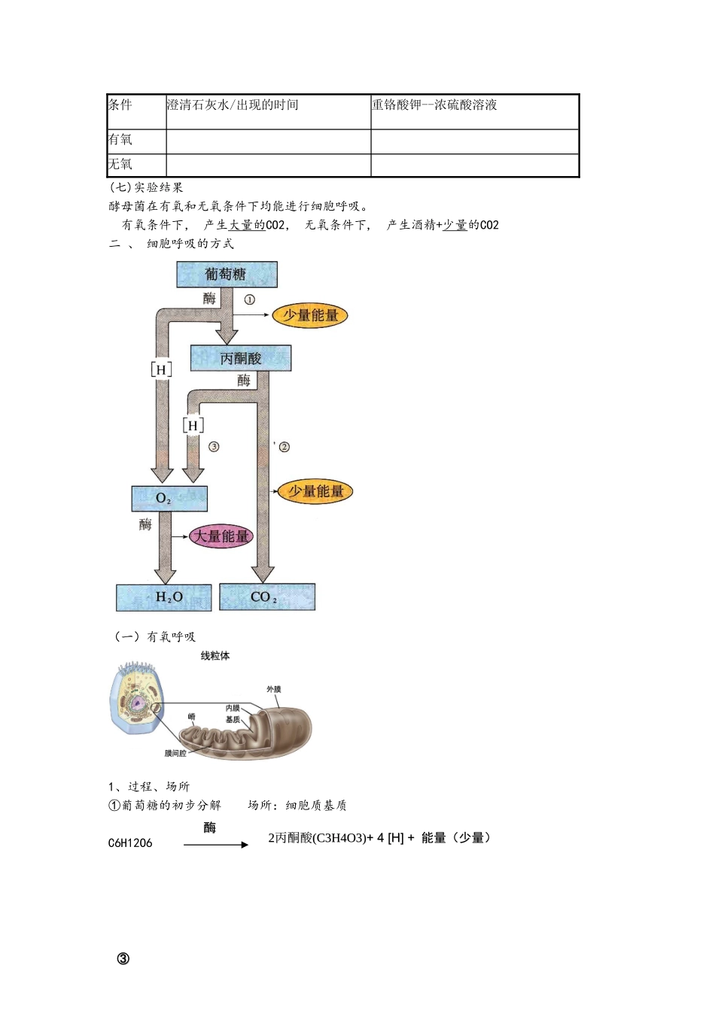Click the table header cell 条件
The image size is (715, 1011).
pyautogui.click(x=120, y=105)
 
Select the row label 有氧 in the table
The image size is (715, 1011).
pyautogui.click(x=120, y=140)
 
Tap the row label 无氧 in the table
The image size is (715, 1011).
pyautogui.click(x=120, y=165)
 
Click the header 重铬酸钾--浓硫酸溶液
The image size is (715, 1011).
pyautogui.click(x=434, y=105)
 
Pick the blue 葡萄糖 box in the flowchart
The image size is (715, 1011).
pyautogui.click(x=227, y=275)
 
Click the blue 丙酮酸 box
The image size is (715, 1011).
pyautogui.click(x=241, y=359)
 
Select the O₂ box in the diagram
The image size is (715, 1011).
pyautogui.click(x=169, y=498)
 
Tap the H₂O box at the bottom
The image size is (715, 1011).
pyautogui.click(x=164, y=597)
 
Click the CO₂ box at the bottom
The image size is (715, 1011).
pyautogui.click(x=266, y=597)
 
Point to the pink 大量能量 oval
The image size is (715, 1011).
pyautogui.click(x=221, y=536)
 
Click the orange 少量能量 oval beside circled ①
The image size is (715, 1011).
pyautogui.click(x=310, y=316)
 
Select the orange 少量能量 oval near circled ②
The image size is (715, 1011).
pyautogui.click(x=315, y=492)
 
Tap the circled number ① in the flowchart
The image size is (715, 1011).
pyautogui.click(x=249, y=299)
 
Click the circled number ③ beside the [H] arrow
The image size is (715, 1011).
pyautogui.click(x=214, y=447)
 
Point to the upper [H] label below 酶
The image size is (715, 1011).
pyautogui.click(x=161, y=369)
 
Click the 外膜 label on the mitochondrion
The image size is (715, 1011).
pyautogui.click(x=274, y=689)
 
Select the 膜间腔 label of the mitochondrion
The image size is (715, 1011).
pyautogui.click(x=175, y=753)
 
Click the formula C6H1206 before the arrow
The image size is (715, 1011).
pyautogui.click(x=130, y=843)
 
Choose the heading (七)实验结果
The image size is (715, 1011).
pyautogui.click(x=146, y=188)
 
